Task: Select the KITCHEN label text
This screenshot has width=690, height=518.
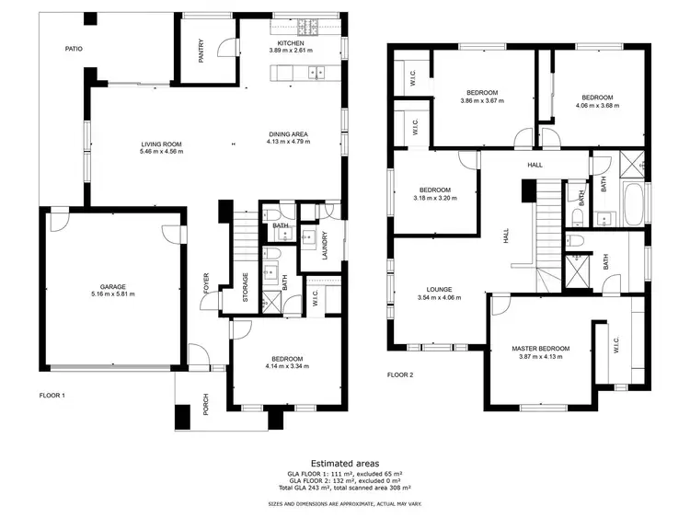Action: tap(292, 42)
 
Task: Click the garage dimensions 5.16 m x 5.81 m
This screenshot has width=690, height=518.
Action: tap(113, 294)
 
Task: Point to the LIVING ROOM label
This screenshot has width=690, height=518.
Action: tap(161, 144)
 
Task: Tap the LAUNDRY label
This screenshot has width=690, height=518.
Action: tap(326, 244)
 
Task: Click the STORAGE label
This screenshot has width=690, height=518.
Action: tap(245, 287)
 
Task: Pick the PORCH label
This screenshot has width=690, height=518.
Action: tap(206, 405)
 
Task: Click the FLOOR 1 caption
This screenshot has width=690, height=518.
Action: tap(52, 395)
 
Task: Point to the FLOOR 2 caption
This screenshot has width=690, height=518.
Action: tap(400, 374)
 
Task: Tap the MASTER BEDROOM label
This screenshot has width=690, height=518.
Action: tap(541, 348)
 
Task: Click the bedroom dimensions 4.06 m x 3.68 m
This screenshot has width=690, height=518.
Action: tap(596, 105)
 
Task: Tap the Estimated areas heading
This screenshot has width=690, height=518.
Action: tap(345, 464)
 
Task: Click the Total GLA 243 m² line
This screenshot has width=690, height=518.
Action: tap(345, 488)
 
